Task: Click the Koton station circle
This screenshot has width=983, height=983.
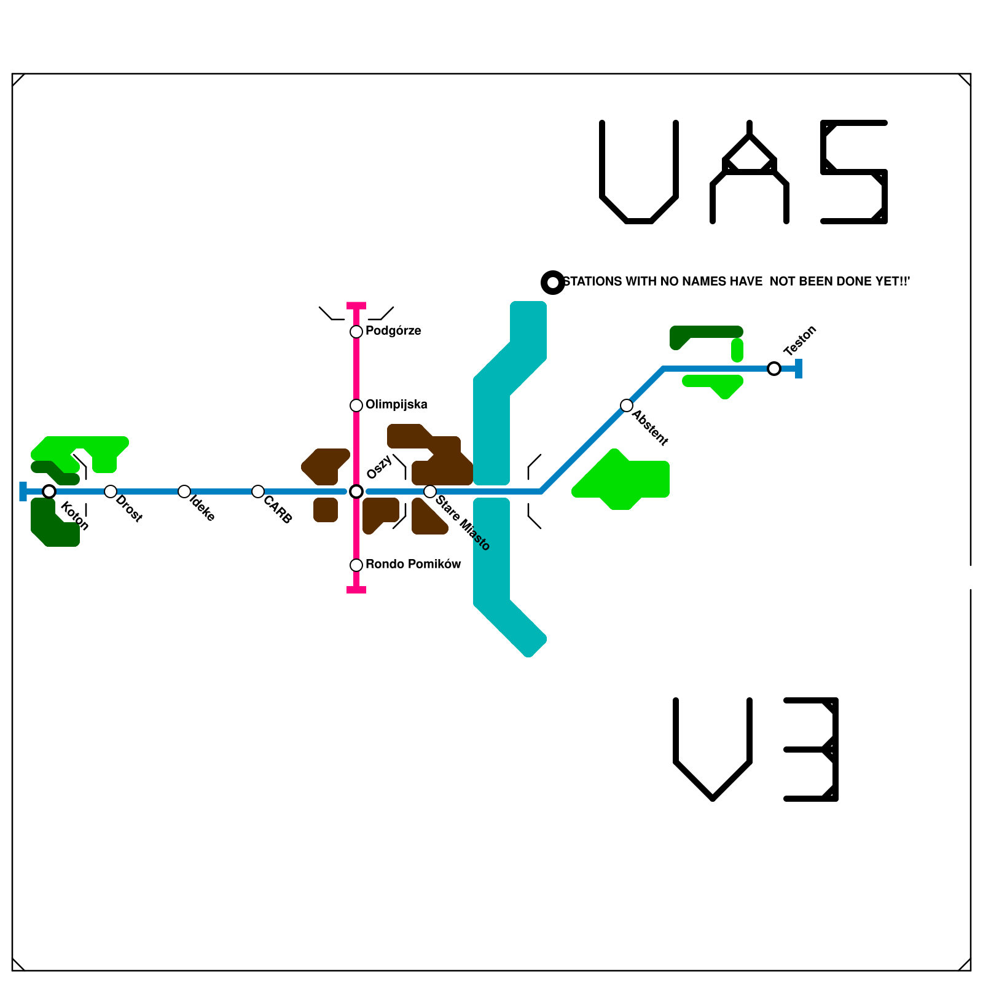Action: pos(49,491)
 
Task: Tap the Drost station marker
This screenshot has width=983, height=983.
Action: pos(111,491)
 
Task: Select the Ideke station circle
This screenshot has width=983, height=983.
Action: pos(184,491)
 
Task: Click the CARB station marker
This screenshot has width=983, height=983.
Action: pos(258,491)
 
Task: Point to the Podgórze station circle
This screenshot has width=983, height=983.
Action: pos(356,332)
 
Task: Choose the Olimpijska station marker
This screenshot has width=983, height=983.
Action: pos(356,405)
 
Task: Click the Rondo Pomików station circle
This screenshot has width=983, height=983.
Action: pos(356,565)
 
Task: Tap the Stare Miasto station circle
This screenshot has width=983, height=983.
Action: pos(430,491)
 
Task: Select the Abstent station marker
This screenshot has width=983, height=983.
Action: pos(627,405)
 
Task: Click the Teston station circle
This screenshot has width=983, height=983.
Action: pos(774,369)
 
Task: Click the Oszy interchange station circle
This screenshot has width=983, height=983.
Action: pos(356,491)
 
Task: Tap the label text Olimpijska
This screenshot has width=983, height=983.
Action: pos(396,404)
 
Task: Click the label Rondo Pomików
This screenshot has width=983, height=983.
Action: pos(413,564)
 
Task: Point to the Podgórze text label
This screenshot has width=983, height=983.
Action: pos(393,331)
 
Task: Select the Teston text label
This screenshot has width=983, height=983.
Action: pos(800,340)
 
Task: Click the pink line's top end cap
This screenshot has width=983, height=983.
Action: pos(356,305)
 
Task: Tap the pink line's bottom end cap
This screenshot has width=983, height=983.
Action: pos(356,590)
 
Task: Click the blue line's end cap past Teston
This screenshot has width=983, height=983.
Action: pos(799,369)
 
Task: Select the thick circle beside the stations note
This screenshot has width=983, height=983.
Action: pos(553,283)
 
